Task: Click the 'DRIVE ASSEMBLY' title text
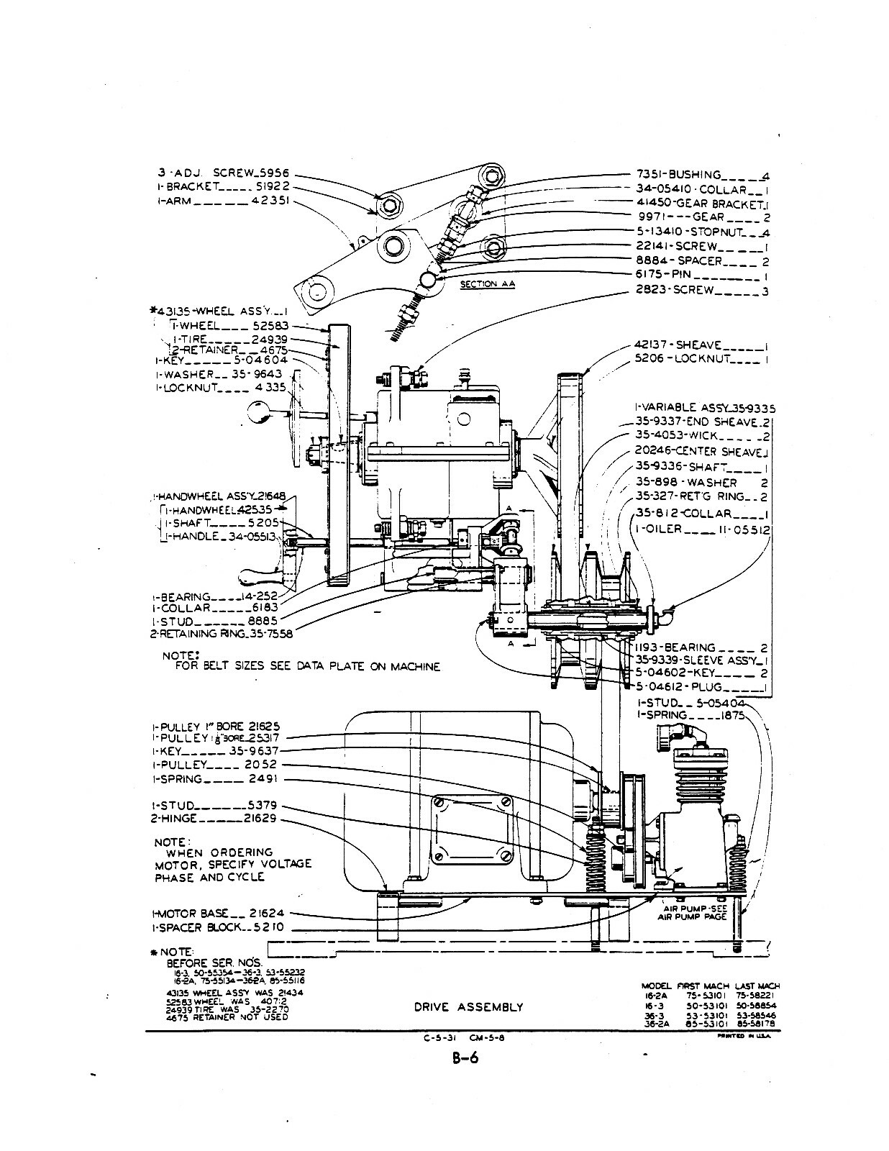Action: pyautogui.click(x=468, y=1006)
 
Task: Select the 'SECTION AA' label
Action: pyautogui.click(x=488, y=284)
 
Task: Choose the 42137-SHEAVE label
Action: pyautogui.click(x=678, y=345)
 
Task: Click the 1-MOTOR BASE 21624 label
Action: pyautogui.click(x=217, y=914)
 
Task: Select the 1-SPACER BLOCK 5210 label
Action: pyautogui.click(x=217, y=928)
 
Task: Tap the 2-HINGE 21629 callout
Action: pyautogui.click(x=214, y=819)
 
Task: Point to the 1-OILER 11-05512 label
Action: pyautogui.click(x=703, y=529)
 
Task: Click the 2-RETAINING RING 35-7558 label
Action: pyautogui.click(x=221, y=634)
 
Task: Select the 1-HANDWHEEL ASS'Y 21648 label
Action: pyautogui.click(x=219, y=496)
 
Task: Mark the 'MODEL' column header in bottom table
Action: pyautogui.click(x=655, y=986)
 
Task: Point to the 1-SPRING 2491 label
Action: pyautogui.click(x=214, y=779)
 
